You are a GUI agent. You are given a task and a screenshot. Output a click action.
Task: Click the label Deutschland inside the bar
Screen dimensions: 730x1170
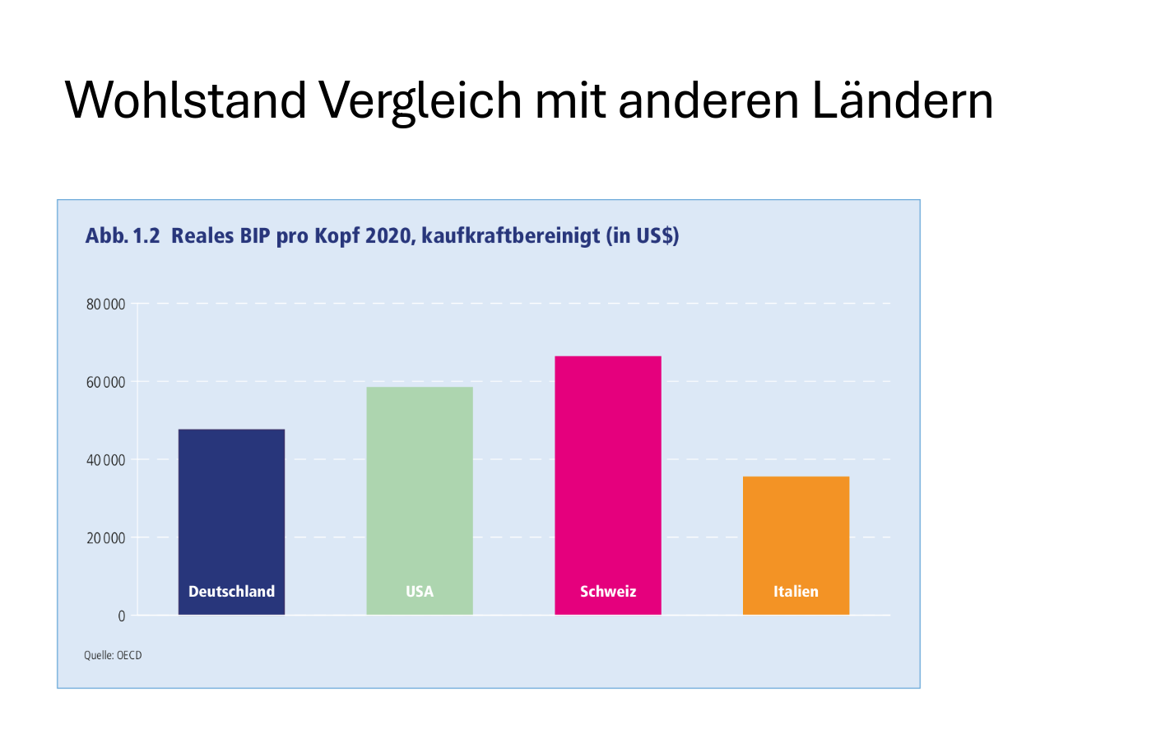point(231,592)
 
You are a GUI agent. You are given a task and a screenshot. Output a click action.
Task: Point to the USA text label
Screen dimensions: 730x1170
point(420,592)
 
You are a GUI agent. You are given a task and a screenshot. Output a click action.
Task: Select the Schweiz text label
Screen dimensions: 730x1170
point(608,592)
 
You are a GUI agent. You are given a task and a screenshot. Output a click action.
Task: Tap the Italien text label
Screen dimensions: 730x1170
point(796,592)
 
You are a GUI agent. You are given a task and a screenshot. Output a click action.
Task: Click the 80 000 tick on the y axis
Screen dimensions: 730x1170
point(105,305)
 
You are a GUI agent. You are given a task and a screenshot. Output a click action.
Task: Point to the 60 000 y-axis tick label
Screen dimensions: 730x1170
point(105,383)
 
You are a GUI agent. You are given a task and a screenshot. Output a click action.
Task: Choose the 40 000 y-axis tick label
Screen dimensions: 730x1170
point(105,460)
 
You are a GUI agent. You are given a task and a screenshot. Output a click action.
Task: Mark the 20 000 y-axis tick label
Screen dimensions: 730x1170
point(105,538)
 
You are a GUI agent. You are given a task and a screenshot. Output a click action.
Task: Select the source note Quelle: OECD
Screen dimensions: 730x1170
point(113,656)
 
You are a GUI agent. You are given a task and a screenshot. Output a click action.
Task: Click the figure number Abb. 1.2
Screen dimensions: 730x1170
point(122,236)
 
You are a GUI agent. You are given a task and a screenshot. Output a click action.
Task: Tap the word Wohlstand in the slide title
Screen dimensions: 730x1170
point(185,100)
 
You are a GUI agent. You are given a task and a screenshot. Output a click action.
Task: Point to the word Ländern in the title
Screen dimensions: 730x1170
point(903,100)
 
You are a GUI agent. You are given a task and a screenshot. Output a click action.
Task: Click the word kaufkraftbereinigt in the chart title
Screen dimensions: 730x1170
point(511,236)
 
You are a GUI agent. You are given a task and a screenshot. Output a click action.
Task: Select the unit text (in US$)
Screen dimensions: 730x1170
point(643,236)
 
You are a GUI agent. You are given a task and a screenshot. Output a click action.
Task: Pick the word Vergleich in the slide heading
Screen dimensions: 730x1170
point(420,100)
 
